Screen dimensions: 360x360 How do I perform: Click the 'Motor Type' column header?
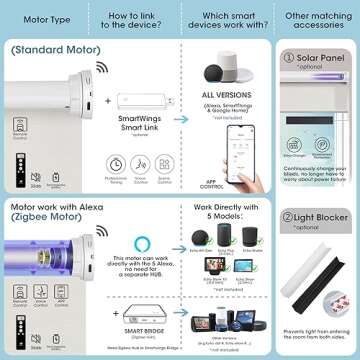(x=39, y=17)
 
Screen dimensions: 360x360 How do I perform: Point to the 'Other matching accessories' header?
(x=316, y=17)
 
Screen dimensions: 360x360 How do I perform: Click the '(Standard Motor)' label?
(x=47, y=49)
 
